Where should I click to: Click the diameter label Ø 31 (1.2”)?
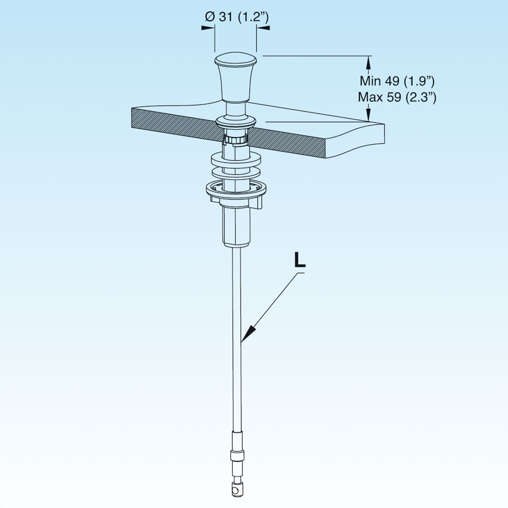pos(237,17)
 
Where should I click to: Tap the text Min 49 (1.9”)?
pos(397,81)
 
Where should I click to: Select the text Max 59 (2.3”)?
pos(397,97)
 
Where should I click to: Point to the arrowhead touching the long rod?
pos(248,333)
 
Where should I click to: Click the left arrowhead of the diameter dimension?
pos(208,28)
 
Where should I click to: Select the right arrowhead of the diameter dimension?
pos(263,28)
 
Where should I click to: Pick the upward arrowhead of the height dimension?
pos(369,63)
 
